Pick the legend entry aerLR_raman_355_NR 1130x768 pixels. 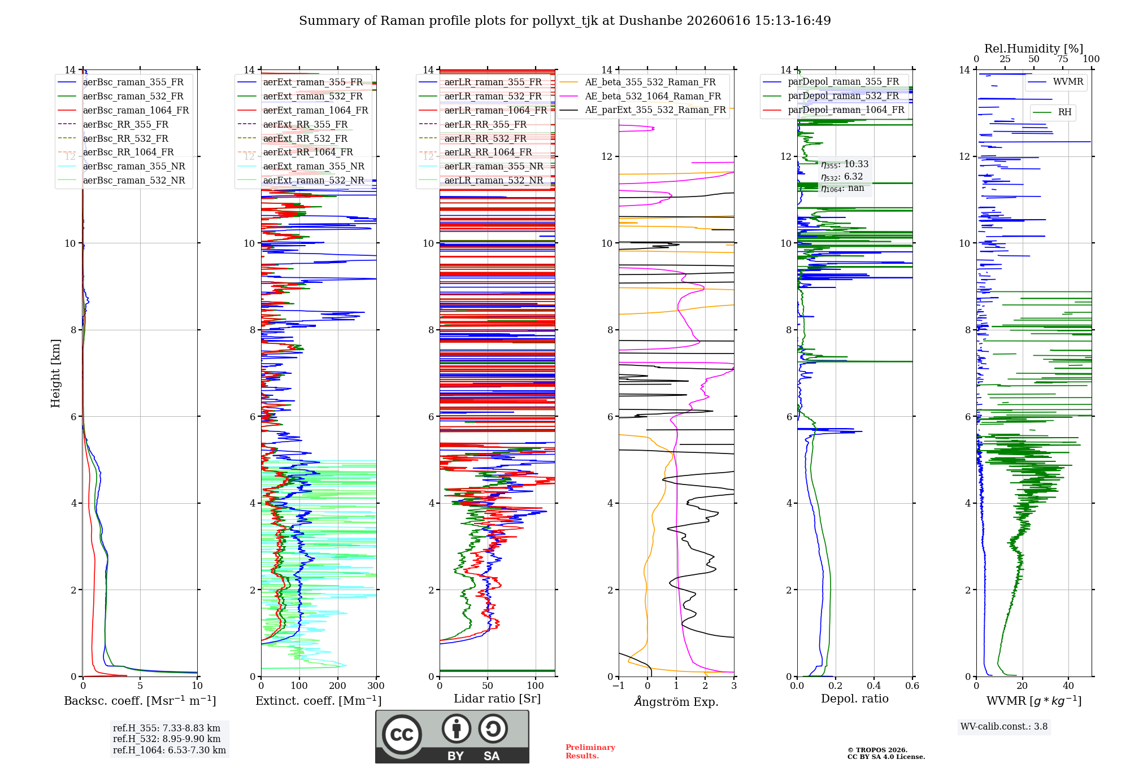point(481,166)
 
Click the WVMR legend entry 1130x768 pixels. point(1055,82)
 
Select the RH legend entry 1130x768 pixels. point(1052,112)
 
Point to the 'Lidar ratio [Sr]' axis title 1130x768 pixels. point(497,699)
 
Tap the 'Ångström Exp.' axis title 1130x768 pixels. point(676,701)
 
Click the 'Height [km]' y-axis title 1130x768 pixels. point(55,373)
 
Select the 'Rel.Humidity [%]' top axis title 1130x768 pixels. point(1034,49)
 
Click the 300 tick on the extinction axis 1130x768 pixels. point(376,686)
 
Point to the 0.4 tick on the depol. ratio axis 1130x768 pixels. point(874,686)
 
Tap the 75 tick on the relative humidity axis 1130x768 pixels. point(1063,59)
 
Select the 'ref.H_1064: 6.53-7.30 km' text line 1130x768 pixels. point(169,750)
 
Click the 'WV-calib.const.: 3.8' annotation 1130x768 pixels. point(1004,726)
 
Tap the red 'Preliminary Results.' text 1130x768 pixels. point(590,752)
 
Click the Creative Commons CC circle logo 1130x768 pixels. point(402,735)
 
